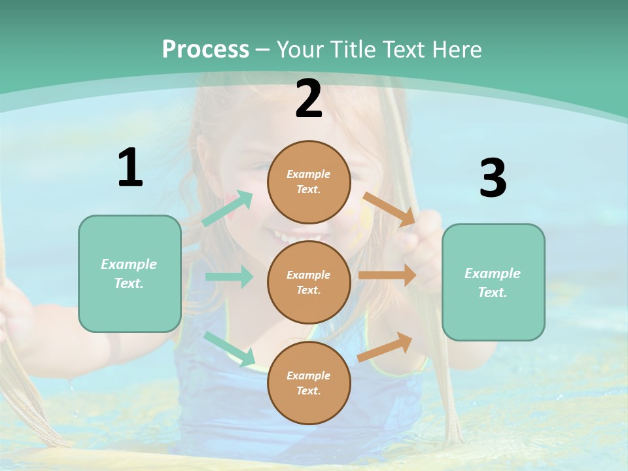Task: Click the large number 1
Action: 130,168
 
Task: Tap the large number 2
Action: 309,99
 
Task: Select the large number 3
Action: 493,179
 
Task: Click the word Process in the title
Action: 205,49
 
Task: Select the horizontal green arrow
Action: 229,277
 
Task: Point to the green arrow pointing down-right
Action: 230,349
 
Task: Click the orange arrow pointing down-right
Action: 389,209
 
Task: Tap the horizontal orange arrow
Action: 387,275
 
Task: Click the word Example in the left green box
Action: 129,264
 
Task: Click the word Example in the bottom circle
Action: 309,375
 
